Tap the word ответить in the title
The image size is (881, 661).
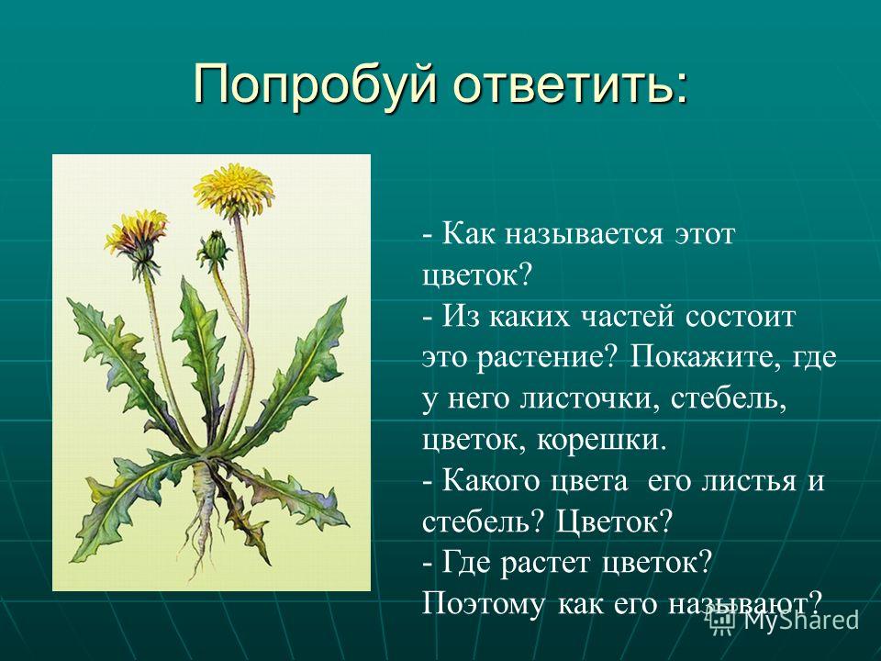coord(566,84)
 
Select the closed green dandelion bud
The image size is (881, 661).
coord(214,250)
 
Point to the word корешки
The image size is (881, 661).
coord(601,440)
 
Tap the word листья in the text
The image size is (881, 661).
coord(749,482)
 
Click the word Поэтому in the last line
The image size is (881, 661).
coord(483,605)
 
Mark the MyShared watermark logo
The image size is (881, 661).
coord(784,620)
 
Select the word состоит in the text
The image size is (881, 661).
coord(741,317)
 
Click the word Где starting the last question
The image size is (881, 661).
coord(466,563)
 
